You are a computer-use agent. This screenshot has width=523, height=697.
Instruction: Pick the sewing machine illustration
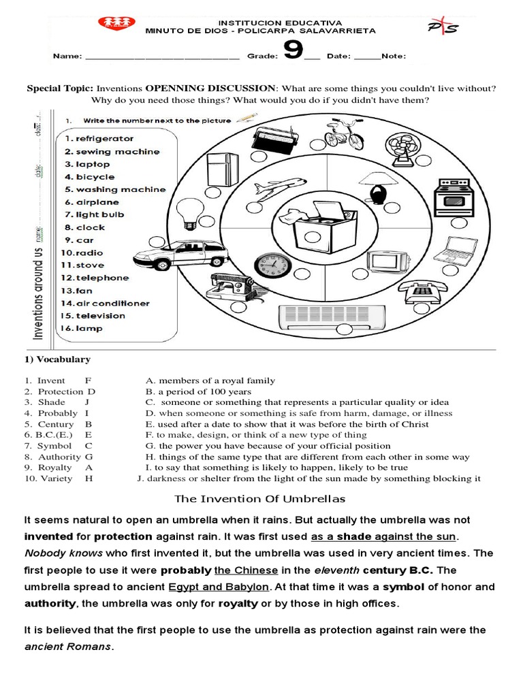coord(229,286)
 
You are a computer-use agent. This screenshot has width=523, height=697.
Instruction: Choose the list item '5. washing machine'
coord(115,189)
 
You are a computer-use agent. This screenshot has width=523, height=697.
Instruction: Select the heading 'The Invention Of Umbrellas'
coord(260,499)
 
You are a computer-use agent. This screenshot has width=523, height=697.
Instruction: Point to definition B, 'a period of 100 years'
coord(198,391)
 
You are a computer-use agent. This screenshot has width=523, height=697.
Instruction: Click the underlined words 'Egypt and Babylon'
coord(219,587)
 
